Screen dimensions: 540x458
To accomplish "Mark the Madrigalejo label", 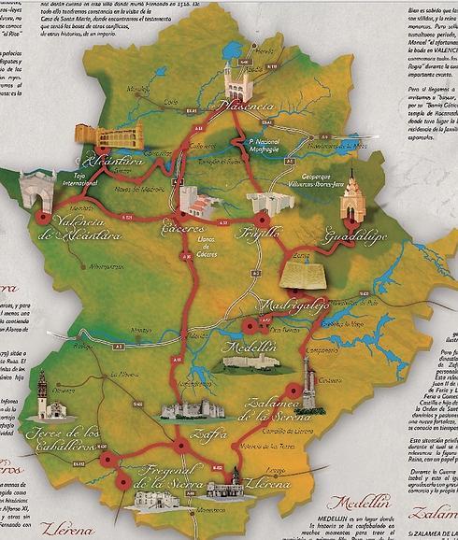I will tap(293, 306).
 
